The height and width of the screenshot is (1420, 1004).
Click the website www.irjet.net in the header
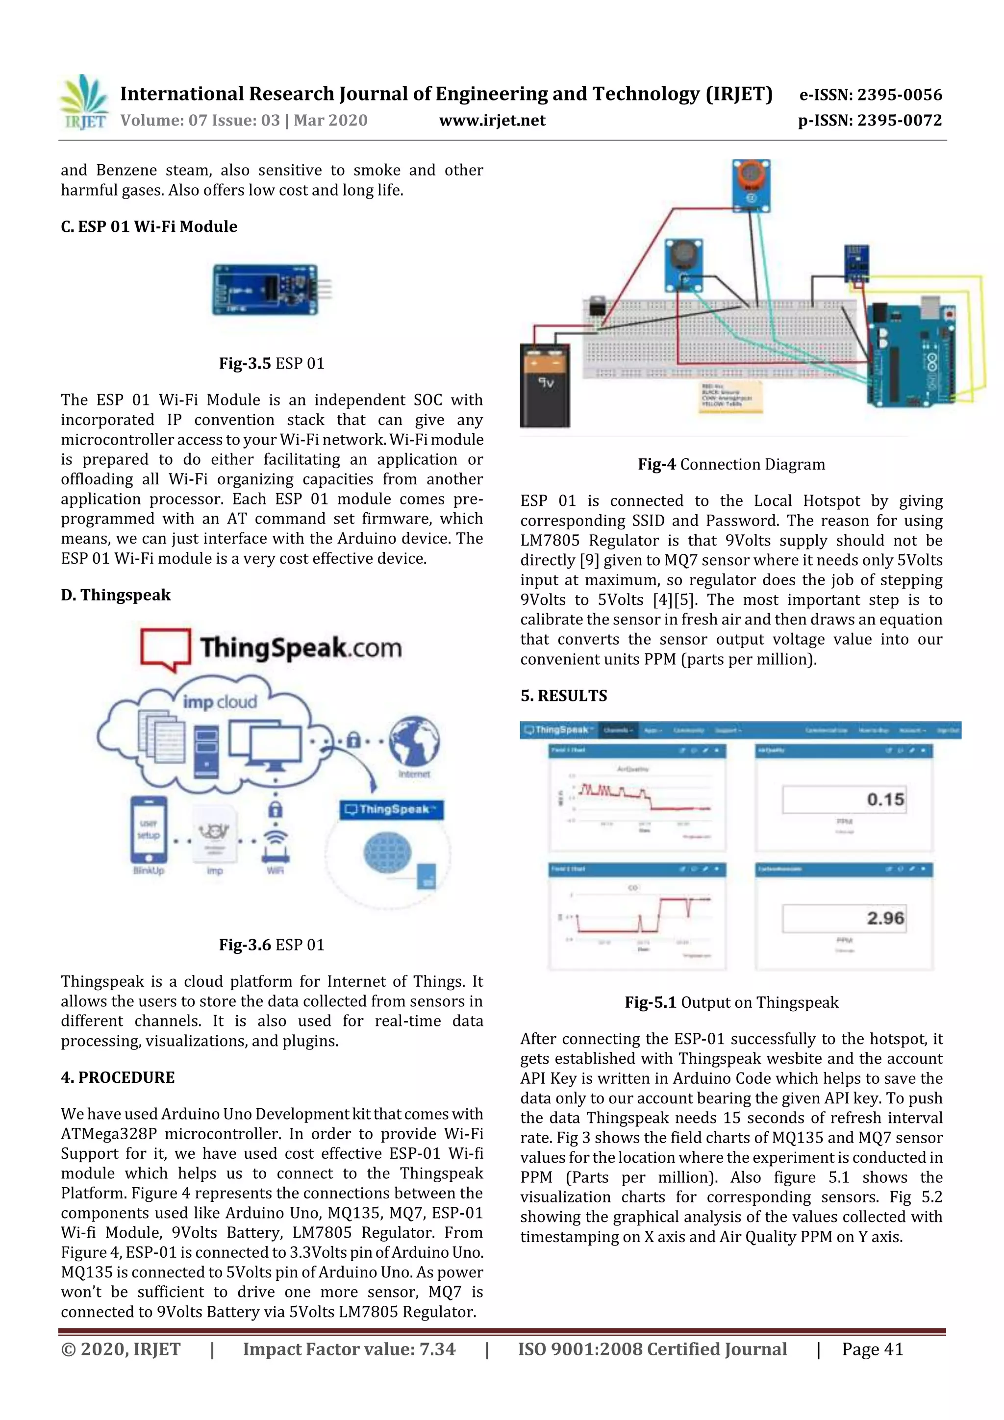click(492, 121)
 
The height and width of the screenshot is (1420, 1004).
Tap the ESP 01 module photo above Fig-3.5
click(270, 290)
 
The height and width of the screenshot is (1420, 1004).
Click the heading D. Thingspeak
click(116, 595)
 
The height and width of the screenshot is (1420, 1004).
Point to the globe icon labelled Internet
click(414, 741)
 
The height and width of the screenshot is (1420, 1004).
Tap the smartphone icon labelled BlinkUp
click(149, 829)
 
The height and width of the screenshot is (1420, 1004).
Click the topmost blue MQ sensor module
click(751, 185)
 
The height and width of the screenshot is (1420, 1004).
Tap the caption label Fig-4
click(657, 465)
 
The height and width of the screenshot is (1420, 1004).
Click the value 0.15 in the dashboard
click(885, 799)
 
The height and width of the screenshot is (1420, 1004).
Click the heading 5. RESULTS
click(564, 696)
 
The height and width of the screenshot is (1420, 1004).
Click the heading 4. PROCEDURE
click(118, 1077)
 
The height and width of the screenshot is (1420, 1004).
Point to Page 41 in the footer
click(872, 1349)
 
